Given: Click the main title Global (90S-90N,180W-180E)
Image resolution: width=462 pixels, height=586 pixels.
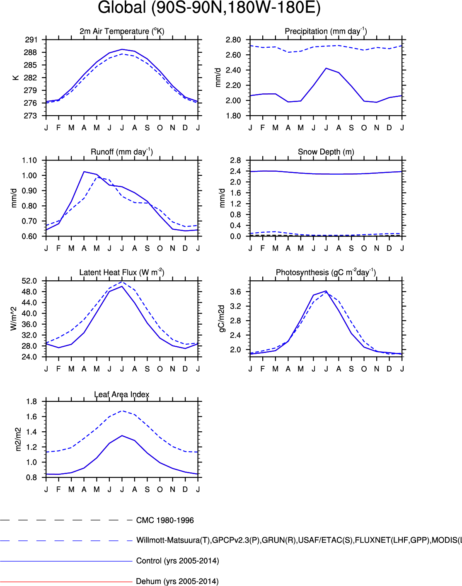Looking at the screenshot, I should pos(209,7).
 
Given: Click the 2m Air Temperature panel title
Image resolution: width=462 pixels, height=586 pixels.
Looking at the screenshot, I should pos(122,31).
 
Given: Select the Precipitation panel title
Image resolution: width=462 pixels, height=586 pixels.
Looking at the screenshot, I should pos(326,31).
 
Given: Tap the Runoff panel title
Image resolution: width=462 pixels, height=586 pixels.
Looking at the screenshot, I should pos(122,152).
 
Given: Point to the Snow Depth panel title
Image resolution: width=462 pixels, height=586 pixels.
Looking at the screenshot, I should pos(326,152).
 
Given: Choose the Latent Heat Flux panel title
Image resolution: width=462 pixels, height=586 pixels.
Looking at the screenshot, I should pos(122,272).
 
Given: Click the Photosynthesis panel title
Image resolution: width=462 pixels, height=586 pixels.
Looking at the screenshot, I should pos(326,272).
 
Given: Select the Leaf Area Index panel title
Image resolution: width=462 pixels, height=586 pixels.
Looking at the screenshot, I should pos(122,394).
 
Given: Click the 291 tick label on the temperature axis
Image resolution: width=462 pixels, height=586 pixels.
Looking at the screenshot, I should pos(31,40).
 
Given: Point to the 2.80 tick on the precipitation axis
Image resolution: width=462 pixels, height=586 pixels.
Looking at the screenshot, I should pos(233,40).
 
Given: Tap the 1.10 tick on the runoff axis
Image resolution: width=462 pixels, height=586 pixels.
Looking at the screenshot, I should pos(29,160).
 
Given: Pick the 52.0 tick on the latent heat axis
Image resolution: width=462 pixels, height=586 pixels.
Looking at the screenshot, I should pos(29,281).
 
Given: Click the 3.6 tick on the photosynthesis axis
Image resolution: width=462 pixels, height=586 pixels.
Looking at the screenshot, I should pos(235,292).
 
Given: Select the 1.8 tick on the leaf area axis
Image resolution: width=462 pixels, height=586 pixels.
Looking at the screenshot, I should pos(31,401).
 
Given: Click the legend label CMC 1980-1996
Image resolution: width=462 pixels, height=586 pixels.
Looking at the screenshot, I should pos(165,520).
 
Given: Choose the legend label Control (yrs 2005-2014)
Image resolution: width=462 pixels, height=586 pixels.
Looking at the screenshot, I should pos(177,561).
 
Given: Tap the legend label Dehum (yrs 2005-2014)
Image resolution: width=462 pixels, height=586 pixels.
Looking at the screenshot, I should pos(177,581).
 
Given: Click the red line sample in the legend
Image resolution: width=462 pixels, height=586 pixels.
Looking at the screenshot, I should pos(66,582).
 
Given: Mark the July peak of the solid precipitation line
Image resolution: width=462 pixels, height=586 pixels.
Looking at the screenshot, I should pos(326,68).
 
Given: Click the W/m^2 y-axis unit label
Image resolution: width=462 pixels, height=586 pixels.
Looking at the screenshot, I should pos(14,319).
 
